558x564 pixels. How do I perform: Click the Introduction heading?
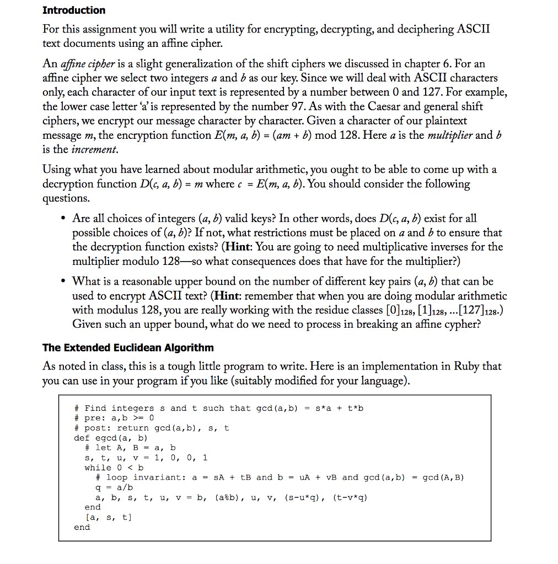[x=74, y=10]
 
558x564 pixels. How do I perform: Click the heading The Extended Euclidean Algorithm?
[x=128, y=348]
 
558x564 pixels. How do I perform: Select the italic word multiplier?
[x=450, y=135]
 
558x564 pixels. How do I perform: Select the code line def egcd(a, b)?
[x=111, y=438]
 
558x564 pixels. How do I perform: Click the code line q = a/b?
[x=114, y=487]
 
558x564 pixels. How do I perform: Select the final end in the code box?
[x=82, y=527]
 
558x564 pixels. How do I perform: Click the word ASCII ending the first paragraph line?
[x=473, y=29]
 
